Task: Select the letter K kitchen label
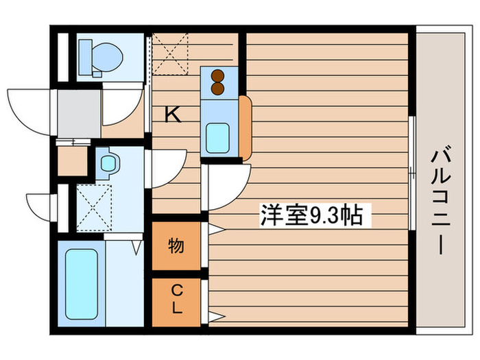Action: coord(173,115)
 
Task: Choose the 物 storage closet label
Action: coord(176,245)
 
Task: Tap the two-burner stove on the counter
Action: coord(219,82)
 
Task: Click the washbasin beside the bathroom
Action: coord(108,163)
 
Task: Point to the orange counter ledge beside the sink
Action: coord(245,127)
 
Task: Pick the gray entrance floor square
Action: coord(78,111)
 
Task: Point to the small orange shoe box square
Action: coord(71,162)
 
